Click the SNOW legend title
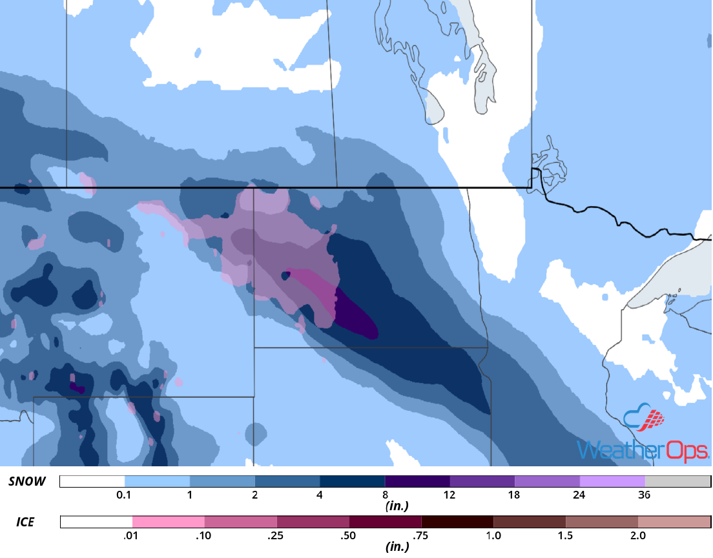point(27,482)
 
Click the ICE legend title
point(25,521)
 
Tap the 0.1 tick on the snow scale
point(124,495)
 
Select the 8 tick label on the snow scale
point(385,495)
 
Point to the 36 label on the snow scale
point(645,495)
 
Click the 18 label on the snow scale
point(514,495)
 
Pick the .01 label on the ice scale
point(132,535)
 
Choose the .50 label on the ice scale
point(349,535)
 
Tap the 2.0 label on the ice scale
point(637,535)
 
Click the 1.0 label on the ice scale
point(493,535)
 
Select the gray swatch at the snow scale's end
point(677,482)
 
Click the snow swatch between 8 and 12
point(417,482)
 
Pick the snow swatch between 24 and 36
point(612,482)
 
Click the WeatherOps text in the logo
point(643,449)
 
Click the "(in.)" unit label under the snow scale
point(397,506)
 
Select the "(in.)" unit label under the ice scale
point(397,546)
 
